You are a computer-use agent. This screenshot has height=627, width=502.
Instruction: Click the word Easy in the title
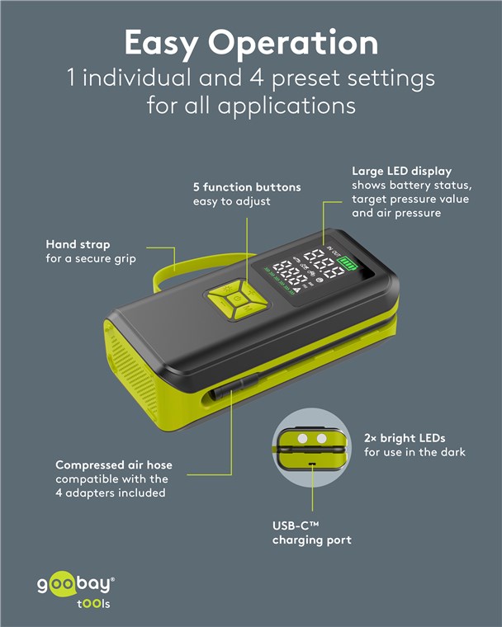[160, 44]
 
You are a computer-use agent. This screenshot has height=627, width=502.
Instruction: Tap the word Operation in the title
[293, 44]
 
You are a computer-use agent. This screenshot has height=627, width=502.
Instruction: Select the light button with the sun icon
[226, 287]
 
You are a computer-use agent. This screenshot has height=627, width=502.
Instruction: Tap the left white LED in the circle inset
[303, 439]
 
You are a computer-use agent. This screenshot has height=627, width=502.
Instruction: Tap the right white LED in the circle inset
[321, 439]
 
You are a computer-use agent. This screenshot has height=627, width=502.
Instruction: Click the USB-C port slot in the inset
[312, 464]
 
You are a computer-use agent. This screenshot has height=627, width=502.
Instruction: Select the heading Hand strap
[78, 244]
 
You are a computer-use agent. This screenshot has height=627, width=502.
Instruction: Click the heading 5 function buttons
[247, 187]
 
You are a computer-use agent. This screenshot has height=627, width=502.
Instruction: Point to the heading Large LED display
[402, 172]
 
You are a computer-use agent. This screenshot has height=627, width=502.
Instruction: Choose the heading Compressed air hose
[114, 464]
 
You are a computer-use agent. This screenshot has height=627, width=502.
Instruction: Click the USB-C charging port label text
[312, 533]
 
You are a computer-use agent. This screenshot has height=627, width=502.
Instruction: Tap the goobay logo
[76, 592]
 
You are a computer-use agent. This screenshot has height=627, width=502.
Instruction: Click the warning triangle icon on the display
[297, 290]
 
